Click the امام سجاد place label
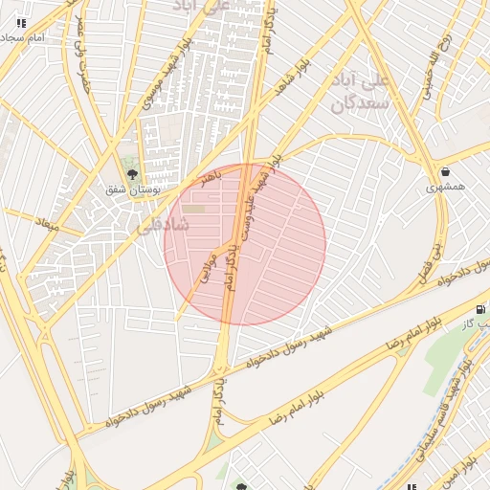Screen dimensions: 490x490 (x=24, y=36)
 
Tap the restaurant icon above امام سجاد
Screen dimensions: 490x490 (x=21, y=22)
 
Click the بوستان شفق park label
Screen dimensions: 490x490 (x=133, y=189)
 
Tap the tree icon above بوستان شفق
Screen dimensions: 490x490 (x=132, y=174)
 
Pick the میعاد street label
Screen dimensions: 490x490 (x=46, y=225)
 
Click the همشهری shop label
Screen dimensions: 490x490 (x=447, y=186)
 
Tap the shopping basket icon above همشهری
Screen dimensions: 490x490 (x=446, y=171)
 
